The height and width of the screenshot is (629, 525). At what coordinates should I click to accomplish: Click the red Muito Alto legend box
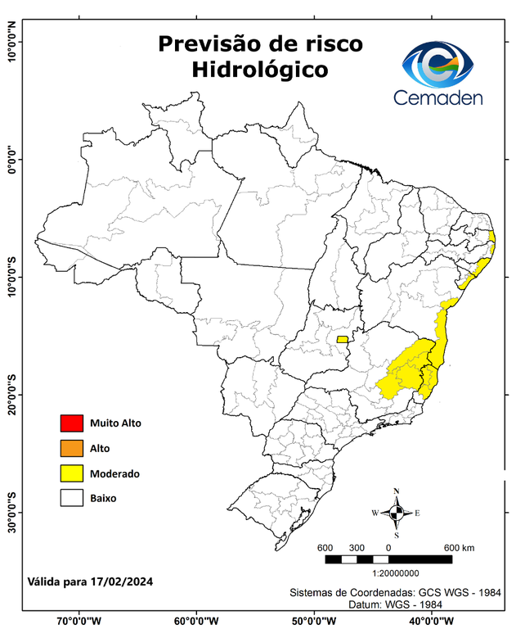pos(71,423)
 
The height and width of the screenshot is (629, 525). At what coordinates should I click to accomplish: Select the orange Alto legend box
pos(71,448)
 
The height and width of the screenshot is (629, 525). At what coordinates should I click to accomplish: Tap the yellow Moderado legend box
pos(71,473)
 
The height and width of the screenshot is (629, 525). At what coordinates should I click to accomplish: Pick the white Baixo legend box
pos(71,498)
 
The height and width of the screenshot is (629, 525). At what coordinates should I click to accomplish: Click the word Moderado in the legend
pos(114,473)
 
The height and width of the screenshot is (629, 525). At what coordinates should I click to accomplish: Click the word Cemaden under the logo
pos(439,97)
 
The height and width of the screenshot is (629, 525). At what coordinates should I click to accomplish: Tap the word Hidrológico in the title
pos(259,70)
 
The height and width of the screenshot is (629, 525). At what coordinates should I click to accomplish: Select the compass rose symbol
pos(397,514)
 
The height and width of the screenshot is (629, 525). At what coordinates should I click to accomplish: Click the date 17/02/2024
pos(122,581)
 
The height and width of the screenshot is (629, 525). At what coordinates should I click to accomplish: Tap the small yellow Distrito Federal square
pos(342,339)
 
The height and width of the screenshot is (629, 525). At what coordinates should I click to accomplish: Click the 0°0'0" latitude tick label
pos(11,160)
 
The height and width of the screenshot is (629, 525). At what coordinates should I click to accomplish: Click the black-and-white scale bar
pos(388,559)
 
